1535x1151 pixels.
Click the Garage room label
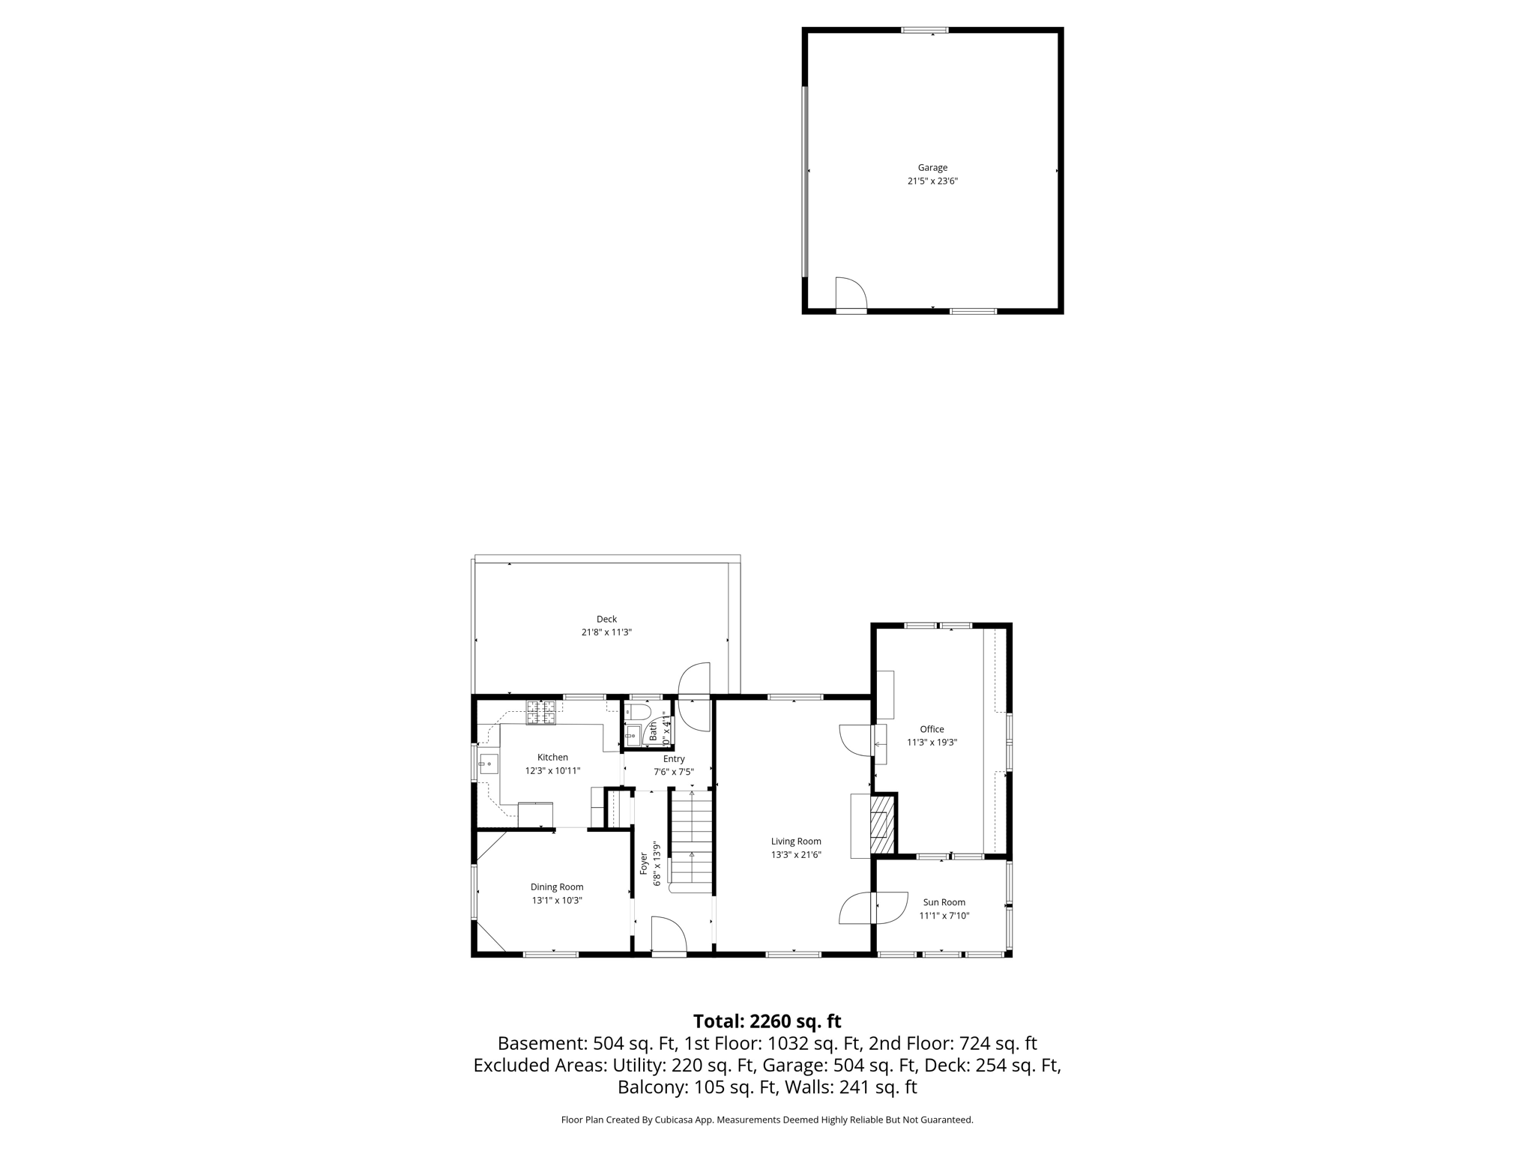point(932,168)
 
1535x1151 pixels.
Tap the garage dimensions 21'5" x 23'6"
point(932,181)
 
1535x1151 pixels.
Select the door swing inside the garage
point(851,293)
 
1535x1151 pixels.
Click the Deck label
point(606,619)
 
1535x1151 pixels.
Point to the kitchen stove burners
point(541,712)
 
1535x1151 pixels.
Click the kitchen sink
point(489,764)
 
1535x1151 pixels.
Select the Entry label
point(674,759)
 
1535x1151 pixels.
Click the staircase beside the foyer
point(691,839)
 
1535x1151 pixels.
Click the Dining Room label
point(557,887)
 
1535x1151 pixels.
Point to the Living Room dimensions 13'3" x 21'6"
point(796,855)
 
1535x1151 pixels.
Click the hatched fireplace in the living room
point(882,824)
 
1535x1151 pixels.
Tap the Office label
point(932,729)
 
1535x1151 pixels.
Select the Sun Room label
point(944,902)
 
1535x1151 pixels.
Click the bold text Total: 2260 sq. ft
point(767,1021)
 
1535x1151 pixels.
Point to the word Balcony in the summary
point(648,1087)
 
